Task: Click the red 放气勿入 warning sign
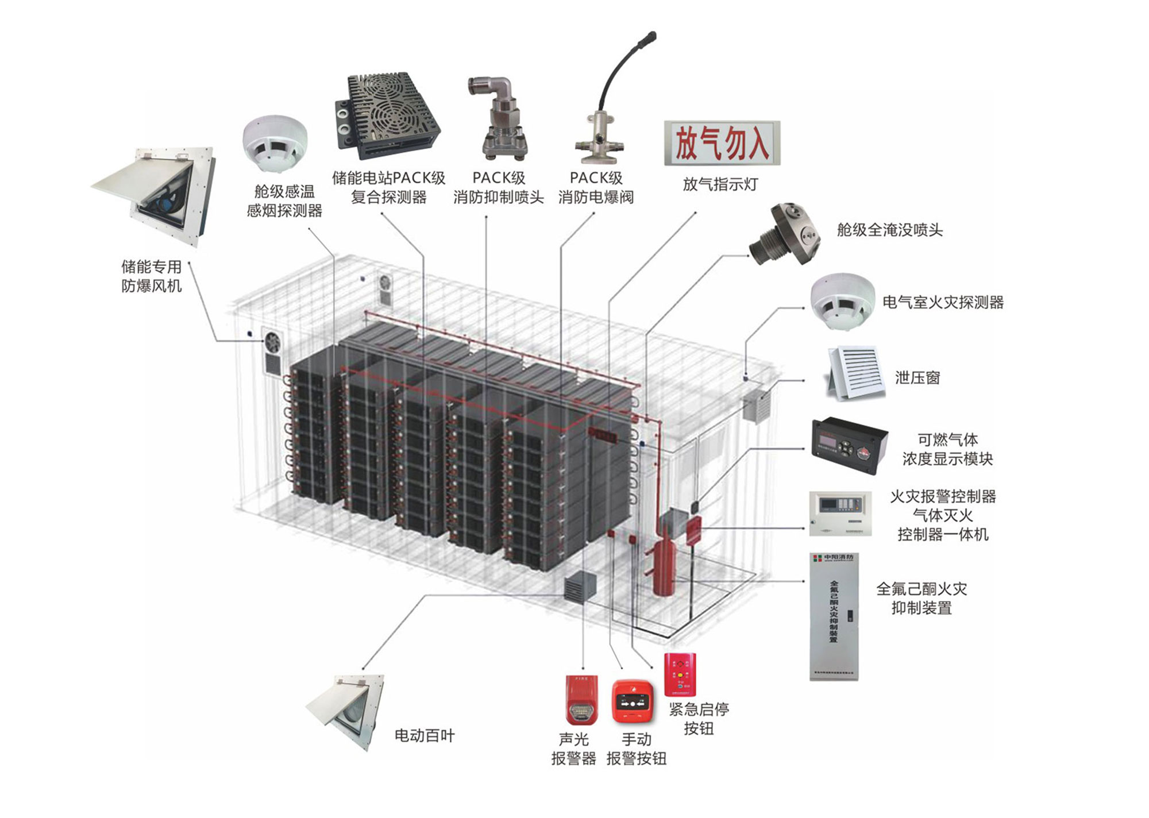(x=722, y=143)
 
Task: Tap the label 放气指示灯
(x=720, y=184)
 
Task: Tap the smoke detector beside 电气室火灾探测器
(x=842, y=302)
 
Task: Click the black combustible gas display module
(x=849, y=445)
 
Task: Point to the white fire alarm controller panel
(x=840, y=513)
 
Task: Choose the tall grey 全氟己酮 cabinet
(x=834, y=617)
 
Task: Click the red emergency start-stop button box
(x=680, y=674)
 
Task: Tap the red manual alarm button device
(x=633, y=701)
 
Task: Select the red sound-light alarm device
(x=581, y=699)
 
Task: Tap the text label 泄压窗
(x=917, y=377)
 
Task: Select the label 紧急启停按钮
(x=699, y=719)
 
